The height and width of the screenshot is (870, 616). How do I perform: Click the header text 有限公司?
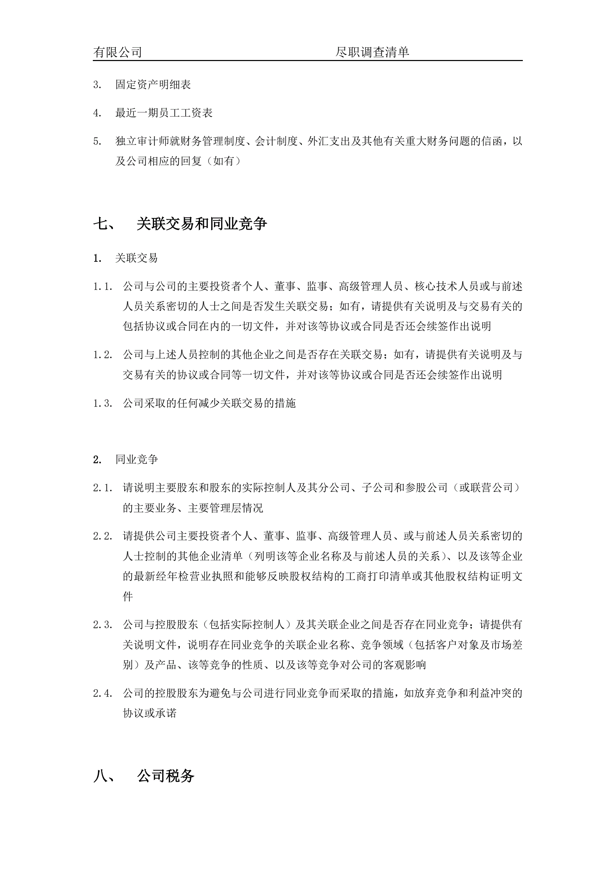[118, 52]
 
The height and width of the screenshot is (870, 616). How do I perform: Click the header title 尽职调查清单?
[372, 52]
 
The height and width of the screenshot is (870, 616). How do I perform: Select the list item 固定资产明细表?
[153, 84]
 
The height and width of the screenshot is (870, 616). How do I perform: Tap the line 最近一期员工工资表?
[164, 112]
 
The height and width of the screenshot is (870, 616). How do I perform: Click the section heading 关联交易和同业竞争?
[202, 224]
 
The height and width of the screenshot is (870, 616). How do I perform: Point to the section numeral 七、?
[105, 224]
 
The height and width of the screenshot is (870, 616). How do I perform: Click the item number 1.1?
[103, 287]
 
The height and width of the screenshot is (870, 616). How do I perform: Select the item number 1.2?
[103, 355]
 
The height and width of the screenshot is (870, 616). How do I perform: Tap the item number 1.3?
[103, 403]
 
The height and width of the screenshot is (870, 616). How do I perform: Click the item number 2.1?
[103, 488]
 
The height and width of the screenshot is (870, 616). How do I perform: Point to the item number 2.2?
[103, 536]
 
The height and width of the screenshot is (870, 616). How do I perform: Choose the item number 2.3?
[103, 625]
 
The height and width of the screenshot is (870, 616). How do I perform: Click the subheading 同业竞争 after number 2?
[137, 460]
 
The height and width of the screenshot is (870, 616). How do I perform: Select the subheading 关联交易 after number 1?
[137, 258]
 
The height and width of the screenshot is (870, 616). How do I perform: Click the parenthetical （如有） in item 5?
[226, 161]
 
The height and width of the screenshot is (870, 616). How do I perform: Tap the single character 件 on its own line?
[128, 597]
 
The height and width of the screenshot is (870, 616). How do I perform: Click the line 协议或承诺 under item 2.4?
[149, 713]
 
